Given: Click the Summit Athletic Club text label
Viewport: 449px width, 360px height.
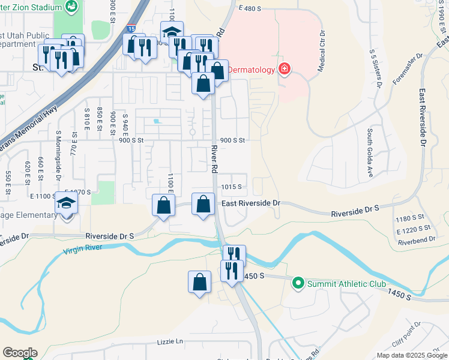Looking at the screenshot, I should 347,284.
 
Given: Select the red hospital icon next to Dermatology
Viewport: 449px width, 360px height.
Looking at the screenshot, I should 284,70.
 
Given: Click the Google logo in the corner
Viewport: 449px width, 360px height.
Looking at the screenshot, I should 20,353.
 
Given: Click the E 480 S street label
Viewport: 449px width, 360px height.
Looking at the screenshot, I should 251,9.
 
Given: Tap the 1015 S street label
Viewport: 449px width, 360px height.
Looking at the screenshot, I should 231,187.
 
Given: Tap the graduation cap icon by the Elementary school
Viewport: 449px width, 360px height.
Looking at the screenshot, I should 67,203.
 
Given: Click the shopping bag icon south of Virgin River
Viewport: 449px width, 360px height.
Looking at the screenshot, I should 199,281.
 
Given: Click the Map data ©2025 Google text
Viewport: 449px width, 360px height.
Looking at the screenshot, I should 411,355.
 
